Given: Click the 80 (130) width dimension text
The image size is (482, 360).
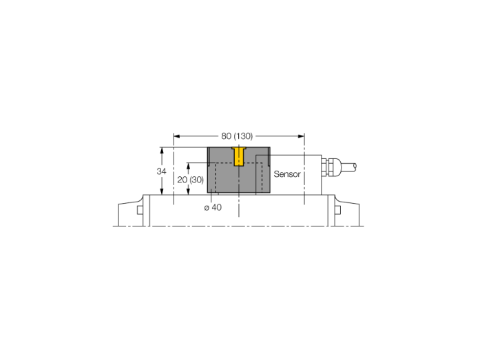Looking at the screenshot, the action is [x=237, y=136].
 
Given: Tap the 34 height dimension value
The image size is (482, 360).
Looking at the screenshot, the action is [x=161, y=171].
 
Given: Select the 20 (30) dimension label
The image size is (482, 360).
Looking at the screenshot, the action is [x=190, y=180].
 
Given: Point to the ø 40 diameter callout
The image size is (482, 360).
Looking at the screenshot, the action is [x=213, y=208].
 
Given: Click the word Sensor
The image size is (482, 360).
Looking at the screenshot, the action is [x=287, y=174].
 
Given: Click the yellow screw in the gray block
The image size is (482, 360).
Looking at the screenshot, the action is [x=239, y=156].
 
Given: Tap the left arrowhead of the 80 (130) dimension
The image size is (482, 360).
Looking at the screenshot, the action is [x=177, y=136].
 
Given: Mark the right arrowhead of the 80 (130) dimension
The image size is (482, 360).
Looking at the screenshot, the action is [x=302, y=136].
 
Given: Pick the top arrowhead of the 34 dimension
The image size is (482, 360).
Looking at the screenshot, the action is [x=162, y=151].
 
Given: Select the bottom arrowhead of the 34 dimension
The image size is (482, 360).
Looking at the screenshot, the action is [x=162, y=191].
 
